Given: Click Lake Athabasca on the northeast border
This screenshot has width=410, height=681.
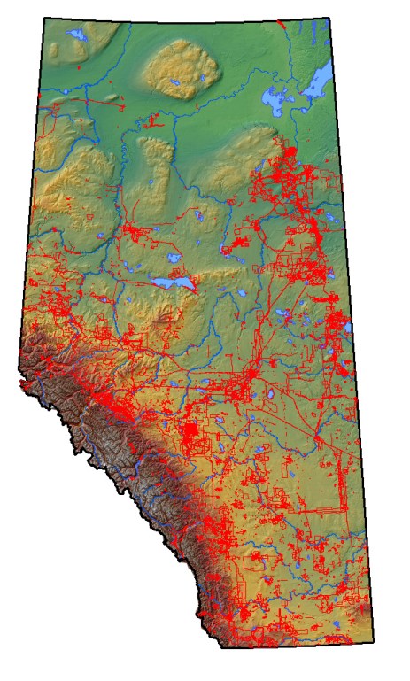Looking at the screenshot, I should pyautogui.click(x=316, y=82).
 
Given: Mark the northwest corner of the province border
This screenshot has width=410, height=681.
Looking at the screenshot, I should pyautogui.click(x=44, y=18).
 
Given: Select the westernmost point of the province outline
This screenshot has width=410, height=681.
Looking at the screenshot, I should pyautogui.click(x=17, y=383).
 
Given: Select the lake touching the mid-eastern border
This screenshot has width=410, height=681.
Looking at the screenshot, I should pyautogui.click(x=349, y=328).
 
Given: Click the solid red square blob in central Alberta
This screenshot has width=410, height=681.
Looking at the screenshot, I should pyautogui.click(x=189, y=433).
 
